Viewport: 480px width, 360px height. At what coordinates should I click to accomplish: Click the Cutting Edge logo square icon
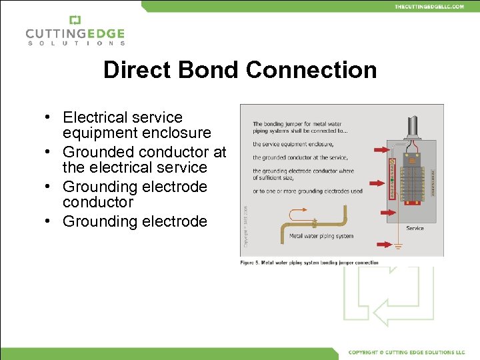75,20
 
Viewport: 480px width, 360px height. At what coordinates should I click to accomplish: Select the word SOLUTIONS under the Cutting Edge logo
75,43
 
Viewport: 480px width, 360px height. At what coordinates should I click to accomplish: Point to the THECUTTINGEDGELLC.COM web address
429,6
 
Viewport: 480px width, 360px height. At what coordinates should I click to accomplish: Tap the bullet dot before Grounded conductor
49,153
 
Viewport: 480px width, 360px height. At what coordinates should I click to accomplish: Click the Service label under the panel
415,228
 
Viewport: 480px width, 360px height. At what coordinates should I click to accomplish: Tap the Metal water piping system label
321,236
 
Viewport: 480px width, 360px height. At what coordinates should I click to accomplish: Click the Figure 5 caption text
309,263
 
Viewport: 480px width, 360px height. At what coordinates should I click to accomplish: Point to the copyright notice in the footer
406,352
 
